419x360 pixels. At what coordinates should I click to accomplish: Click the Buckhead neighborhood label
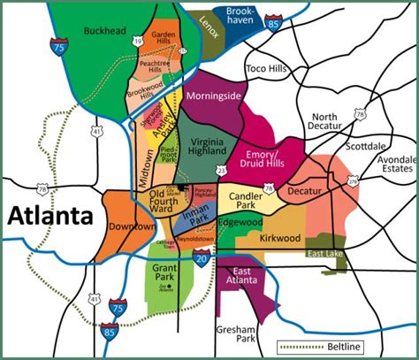105,30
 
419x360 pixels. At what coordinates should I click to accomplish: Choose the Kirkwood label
281,238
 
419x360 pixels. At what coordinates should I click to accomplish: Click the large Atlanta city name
50,215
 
